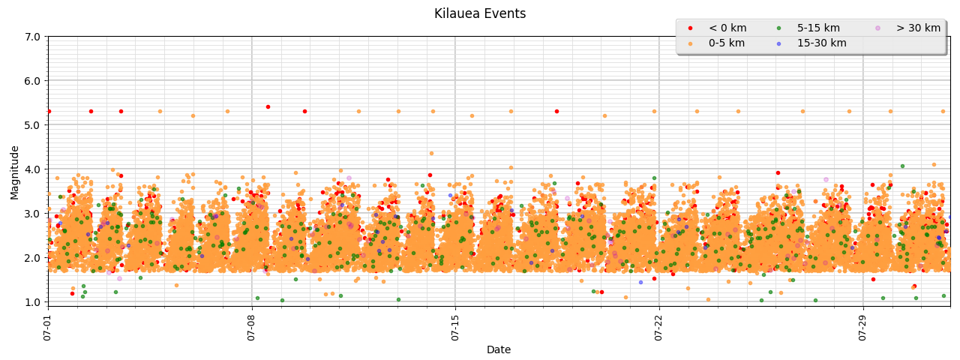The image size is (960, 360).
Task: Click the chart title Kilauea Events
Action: pyautogui.click(x=480, y=14)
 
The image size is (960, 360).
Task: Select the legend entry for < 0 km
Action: pyautogui.click(x=726, y=28)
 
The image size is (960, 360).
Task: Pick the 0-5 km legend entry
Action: pyautogui.click(x=726, y=43)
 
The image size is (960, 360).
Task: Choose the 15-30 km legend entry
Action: pyautogui.click(x=821, y=43)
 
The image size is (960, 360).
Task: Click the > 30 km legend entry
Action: pyautogui.click(x=917, y=28)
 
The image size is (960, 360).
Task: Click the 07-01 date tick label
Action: pyautogui.click(x=48, y=328)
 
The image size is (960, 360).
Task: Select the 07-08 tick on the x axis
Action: pyautogui.click(x=251, y=328)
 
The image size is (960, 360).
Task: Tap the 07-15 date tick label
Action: pyautogui.click(x=455, y=328)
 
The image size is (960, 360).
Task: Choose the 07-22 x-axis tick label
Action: pyautogui.click(x=659, y=328)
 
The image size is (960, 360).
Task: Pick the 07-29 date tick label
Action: pyautogui.click(x=862, y=328)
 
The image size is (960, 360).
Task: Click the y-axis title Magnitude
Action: pyautogui.click(x=15, y=172)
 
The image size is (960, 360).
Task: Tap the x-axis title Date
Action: pyautogui.click(x=499, y=349)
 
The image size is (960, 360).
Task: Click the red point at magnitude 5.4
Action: pyautogui.click(x=268, y=106)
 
